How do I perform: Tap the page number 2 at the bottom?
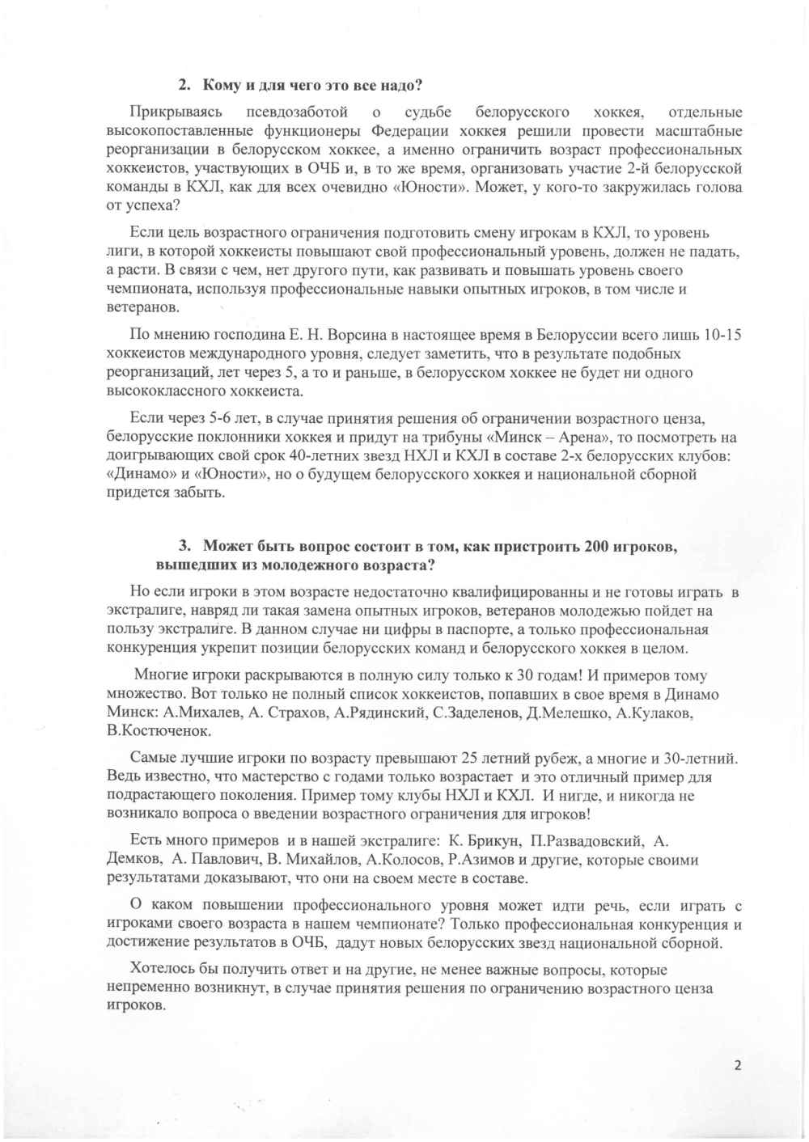[x=737, y=1064]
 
